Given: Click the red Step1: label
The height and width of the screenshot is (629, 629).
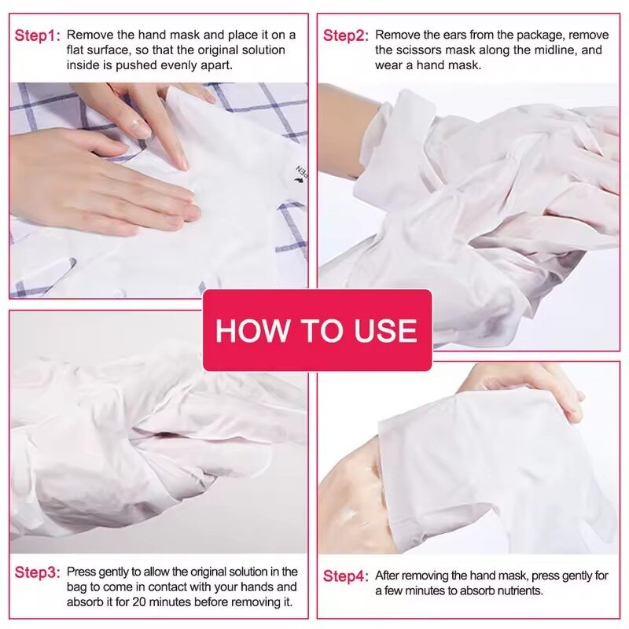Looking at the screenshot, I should pos(37,35).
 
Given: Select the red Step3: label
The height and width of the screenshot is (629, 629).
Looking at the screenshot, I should pos(37,572).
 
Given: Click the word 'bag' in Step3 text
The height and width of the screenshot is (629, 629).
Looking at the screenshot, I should pos(79,587).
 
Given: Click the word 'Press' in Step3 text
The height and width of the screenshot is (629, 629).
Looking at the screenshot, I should pos(81,572).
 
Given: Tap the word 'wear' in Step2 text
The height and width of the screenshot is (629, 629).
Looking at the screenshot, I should pos(389,65).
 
